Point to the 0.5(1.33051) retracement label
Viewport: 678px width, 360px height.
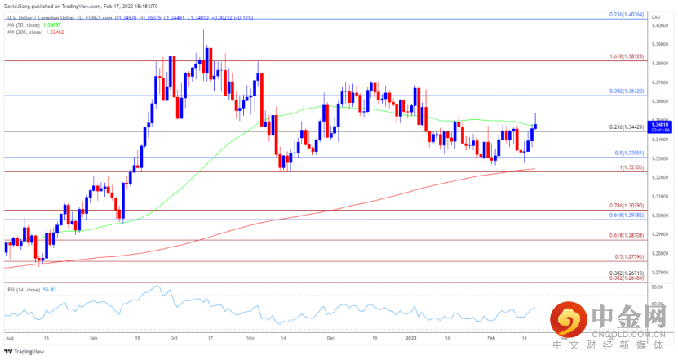(630, 153)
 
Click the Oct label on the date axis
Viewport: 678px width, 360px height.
(173, 336)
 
